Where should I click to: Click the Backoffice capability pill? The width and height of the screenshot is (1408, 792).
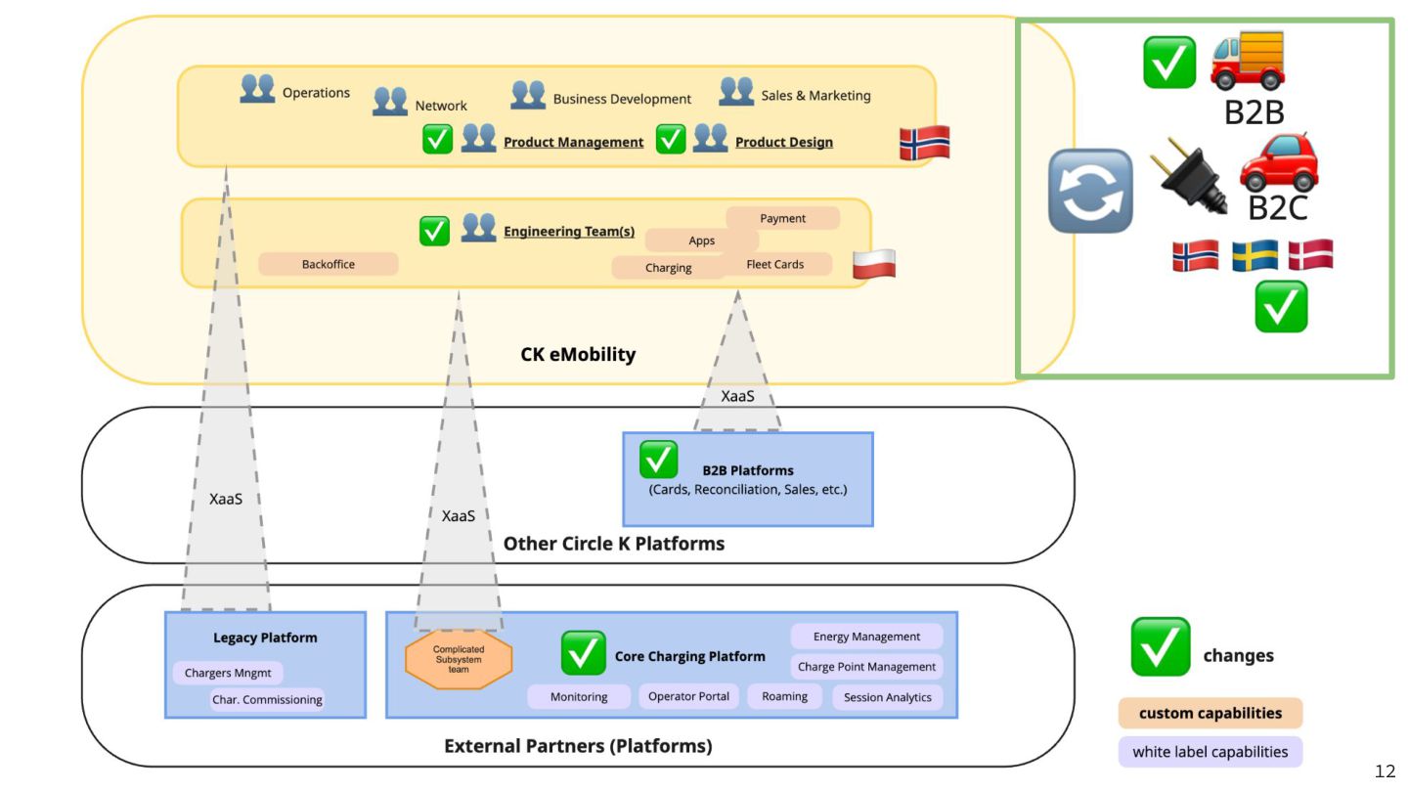coord(329,264)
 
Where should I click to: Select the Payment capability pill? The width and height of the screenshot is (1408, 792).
coord(782,218)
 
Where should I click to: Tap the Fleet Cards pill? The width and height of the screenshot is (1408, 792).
coord(775,264)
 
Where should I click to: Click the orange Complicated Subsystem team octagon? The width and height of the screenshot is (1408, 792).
coord(459,661)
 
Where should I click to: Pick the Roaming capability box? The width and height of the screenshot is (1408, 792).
coord(785,696)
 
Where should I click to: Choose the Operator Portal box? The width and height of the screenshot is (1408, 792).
coord(688,696)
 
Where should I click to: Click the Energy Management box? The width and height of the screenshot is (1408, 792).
coord(866,637)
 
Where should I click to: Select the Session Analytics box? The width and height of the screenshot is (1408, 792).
coord(888,697)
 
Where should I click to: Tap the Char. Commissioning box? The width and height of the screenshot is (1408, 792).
coord(267,699)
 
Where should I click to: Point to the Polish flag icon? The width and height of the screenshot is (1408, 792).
coord(873,264)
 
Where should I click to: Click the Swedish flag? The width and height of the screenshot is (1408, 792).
coord(1254,256)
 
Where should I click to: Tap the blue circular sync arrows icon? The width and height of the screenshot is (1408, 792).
coord(1090,191)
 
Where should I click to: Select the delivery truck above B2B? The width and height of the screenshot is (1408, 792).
coord(1248,61)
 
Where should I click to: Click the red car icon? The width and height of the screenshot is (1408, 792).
coord(1278,162)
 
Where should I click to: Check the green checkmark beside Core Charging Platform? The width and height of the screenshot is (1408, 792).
coord(583,652)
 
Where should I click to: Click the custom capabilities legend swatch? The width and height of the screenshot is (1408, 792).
coord(1210,713)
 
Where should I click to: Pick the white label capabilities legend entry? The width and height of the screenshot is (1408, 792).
coord(1210,752)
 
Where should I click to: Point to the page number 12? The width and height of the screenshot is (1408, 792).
coord(1385,771)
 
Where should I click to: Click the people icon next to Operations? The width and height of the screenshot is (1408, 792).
coord(257,89)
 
